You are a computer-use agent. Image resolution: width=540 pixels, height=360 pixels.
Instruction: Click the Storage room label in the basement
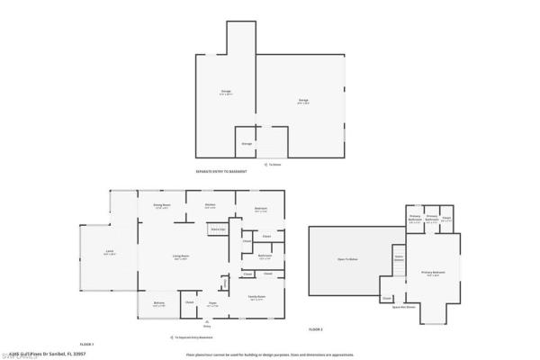click(247, 143)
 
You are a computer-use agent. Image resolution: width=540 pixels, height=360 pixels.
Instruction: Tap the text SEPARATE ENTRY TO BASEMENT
click(220, 171)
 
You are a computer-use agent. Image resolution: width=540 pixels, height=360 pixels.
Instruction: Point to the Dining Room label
click(162, 206)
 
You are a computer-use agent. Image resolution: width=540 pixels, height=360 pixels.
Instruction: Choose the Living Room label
click(180, 257)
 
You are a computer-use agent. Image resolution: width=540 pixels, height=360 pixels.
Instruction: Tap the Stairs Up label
click(217, 230)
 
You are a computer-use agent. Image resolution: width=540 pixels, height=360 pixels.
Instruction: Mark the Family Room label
click(256, 298)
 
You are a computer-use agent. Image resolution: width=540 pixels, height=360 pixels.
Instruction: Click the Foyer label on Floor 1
click(214, 303)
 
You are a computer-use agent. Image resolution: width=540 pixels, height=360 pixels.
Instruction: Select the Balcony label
click(158, 303)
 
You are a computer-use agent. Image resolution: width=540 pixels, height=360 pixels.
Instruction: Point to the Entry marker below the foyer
click(206, 325)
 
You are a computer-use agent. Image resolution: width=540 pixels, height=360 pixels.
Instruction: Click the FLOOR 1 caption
click(87, 345)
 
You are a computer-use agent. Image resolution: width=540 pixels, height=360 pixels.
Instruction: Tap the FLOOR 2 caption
click(316, 330)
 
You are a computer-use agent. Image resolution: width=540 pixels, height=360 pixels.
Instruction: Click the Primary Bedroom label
click(433, 274)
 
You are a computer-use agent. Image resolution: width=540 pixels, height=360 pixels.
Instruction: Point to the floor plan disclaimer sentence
click(270, 355)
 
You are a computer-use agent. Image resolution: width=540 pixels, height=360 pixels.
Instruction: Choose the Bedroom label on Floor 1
click(261, 210)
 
